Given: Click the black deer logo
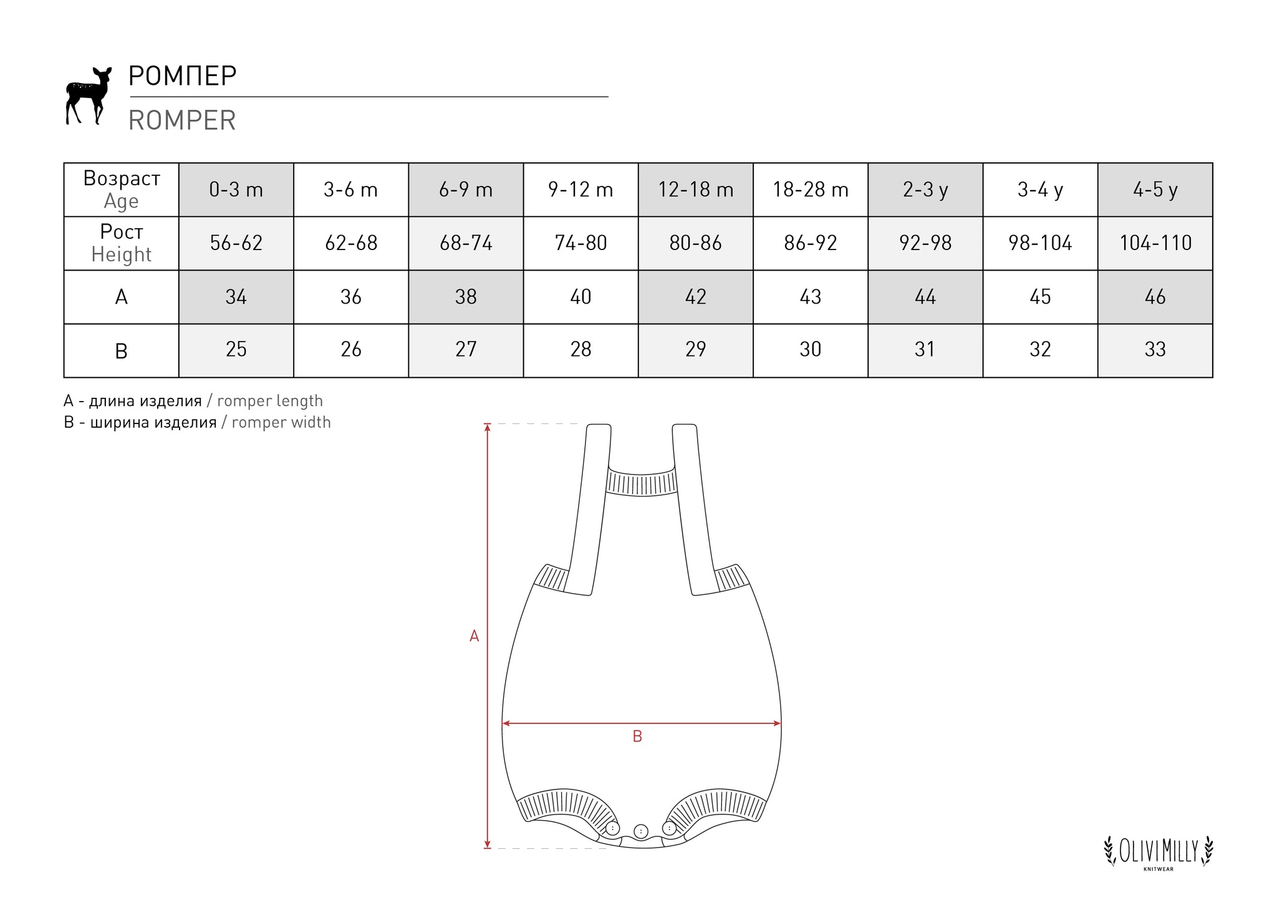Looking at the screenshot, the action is (x=88, y=95).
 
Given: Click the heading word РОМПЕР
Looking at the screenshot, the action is (x=182, y=76).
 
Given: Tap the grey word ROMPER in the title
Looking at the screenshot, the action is (x=182, y=120).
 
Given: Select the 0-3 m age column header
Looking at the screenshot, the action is (x=236, y=190).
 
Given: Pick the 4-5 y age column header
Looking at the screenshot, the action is (x=1155, y=190).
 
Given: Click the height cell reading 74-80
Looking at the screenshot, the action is (x=581, y=243).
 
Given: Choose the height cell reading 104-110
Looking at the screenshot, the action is (x=1155, y=243).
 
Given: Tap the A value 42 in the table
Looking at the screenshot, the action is (x=696, y=297).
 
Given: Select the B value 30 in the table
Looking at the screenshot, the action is (x=811, y=349).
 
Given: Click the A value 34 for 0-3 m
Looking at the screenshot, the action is (x=236, y=297).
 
